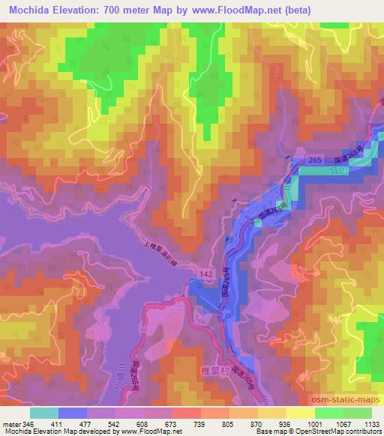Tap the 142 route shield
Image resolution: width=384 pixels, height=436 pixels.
point(205,275)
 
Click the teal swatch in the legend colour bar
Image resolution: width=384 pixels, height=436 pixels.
point(44,413)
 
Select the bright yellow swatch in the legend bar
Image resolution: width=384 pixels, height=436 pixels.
point(300,413)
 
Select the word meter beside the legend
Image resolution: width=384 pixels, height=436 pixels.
point(12,423)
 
